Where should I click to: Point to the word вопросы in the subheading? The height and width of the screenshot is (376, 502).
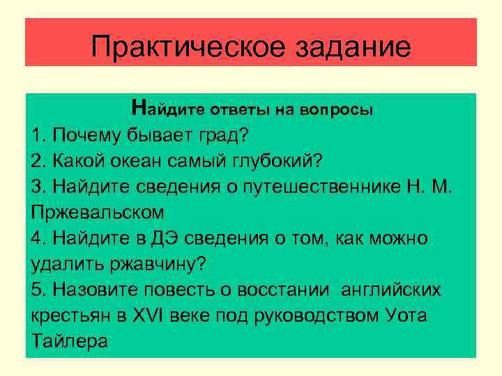pos(337,110)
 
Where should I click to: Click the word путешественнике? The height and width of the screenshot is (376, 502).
pos(323,187)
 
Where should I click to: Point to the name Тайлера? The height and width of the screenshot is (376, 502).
pos(70,342)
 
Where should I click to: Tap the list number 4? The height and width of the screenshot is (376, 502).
pos(38,239)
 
